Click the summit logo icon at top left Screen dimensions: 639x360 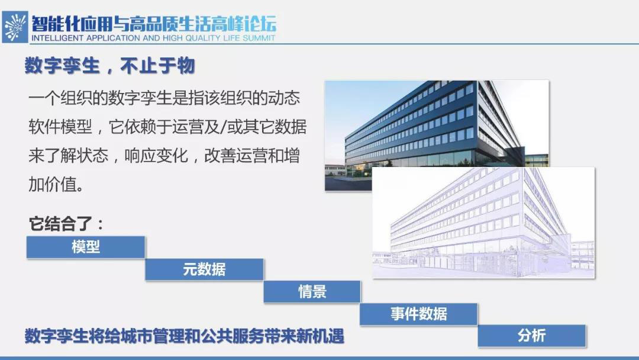point(15,27)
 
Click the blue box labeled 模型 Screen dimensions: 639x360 point(86,247)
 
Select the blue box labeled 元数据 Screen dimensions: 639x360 point(204,269)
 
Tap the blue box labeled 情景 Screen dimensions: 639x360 point(312,292)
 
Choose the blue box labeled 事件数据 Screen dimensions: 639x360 point(418,314)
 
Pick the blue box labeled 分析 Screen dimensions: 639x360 point(531,336)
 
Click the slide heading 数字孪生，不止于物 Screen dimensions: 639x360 point(109,66)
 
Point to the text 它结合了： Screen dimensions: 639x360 point(66,224)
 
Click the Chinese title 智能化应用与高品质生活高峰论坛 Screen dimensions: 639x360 point(154,24)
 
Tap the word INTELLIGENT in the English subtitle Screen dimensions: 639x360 point(57,38)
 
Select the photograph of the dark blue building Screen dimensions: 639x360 point(437,136)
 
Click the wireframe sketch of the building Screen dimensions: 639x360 point(484,223)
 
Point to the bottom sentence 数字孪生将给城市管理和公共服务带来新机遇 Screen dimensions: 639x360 point(184,336)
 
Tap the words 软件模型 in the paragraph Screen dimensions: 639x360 point(60,127)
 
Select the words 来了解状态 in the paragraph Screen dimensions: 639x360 point(69,156)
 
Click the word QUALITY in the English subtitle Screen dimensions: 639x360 point(203,38)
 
